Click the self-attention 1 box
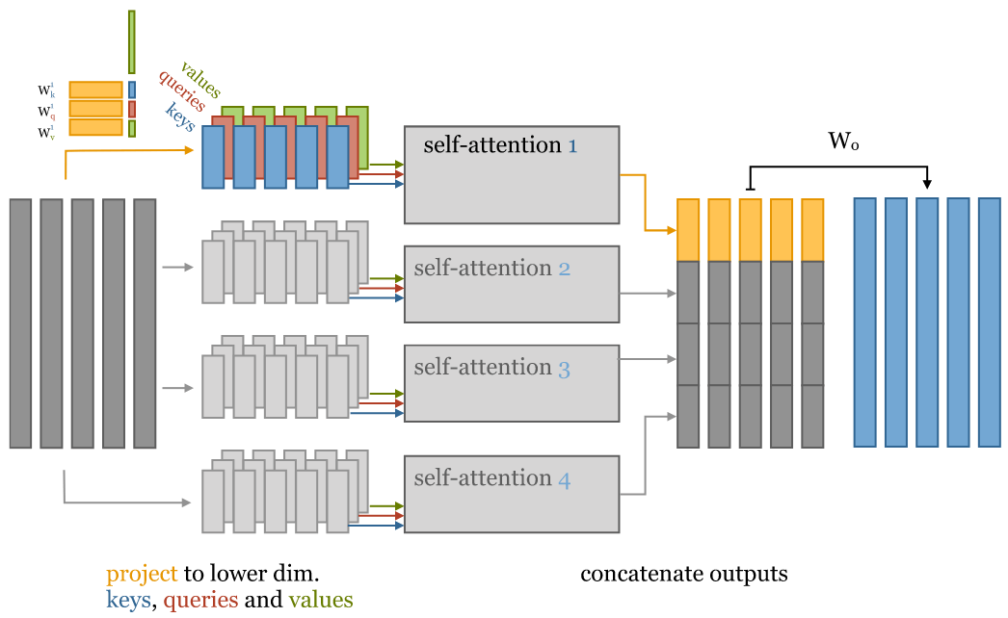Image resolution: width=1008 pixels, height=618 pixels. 511,174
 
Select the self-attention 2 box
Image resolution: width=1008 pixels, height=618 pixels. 511,284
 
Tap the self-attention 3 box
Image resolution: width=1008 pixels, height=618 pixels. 511,383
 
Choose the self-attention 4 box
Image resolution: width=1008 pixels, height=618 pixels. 511,494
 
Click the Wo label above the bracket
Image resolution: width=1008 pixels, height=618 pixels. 843,142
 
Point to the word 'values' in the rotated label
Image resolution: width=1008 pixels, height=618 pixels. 199,80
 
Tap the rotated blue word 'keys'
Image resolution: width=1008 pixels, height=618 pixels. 180,116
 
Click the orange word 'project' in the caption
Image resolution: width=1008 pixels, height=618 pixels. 142,575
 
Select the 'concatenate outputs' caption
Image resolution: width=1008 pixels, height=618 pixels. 683,575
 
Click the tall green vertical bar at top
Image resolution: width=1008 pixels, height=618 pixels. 132,42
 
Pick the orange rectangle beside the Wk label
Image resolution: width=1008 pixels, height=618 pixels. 95,90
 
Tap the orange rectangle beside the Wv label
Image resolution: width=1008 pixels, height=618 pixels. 95,128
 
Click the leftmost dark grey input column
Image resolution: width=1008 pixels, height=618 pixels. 20,323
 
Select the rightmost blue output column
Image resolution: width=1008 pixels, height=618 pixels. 989,322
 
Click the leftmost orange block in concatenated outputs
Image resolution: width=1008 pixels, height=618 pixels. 687,230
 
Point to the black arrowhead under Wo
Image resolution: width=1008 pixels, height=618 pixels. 926,185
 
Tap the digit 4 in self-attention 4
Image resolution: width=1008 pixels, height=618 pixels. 564,478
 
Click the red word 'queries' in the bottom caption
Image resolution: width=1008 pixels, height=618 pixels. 200,601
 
